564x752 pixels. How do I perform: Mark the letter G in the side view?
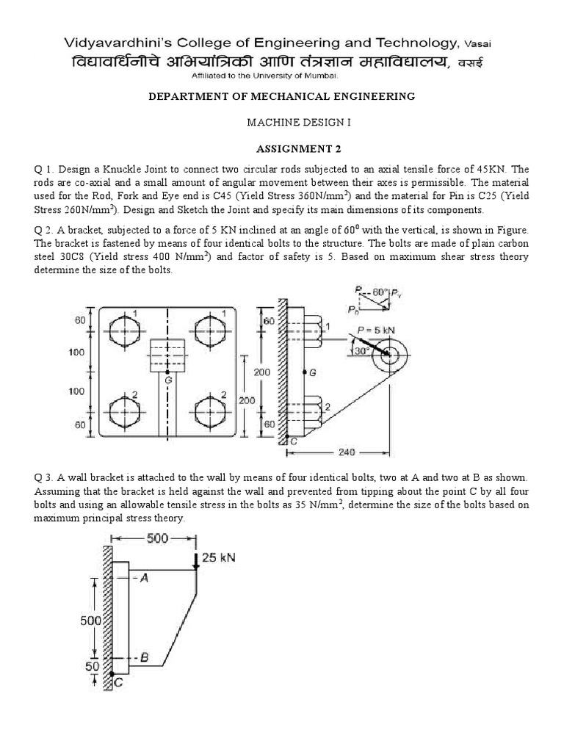(x=313, y=373)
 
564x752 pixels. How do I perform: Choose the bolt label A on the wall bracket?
(x=144, y=578)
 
